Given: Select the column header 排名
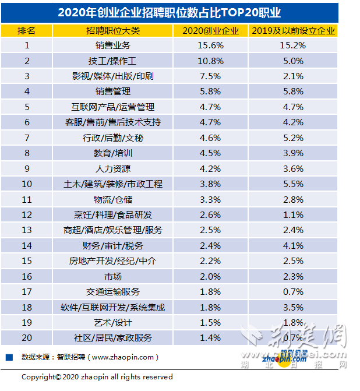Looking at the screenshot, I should point(26,30).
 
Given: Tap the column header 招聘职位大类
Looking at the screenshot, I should point(113,30).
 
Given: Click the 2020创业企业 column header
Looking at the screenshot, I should point(210,30).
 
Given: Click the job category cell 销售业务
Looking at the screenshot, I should point(113,45).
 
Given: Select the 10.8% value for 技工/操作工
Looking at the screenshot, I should point(210,61).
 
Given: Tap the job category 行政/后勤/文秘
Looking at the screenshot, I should point(113,138).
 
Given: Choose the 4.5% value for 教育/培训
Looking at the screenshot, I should point(210,153).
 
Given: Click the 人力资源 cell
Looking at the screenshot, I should point(113,168).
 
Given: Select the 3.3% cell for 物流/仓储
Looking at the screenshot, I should point(210,199).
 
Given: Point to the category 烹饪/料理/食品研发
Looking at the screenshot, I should point(113,214).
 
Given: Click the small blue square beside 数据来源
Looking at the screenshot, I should point(9,357).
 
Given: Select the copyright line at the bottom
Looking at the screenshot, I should point(97,377).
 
